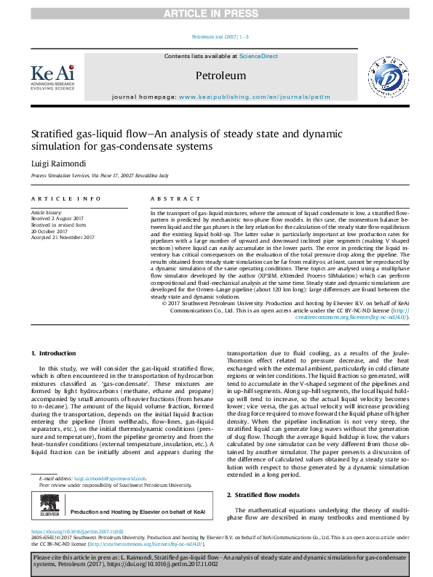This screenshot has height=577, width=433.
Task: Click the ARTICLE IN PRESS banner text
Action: click(216, 13)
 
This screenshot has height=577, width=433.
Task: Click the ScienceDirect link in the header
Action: click(258, 56)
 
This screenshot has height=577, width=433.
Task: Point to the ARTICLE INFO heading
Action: click(63, 198)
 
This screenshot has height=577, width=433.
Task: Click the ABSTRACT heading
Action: click(175, 198)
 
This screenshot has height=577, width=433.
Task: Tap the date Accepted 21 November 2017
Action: click(63, 237)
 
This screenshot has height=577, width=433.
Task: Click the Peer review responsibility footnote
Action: click(114, 464)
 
